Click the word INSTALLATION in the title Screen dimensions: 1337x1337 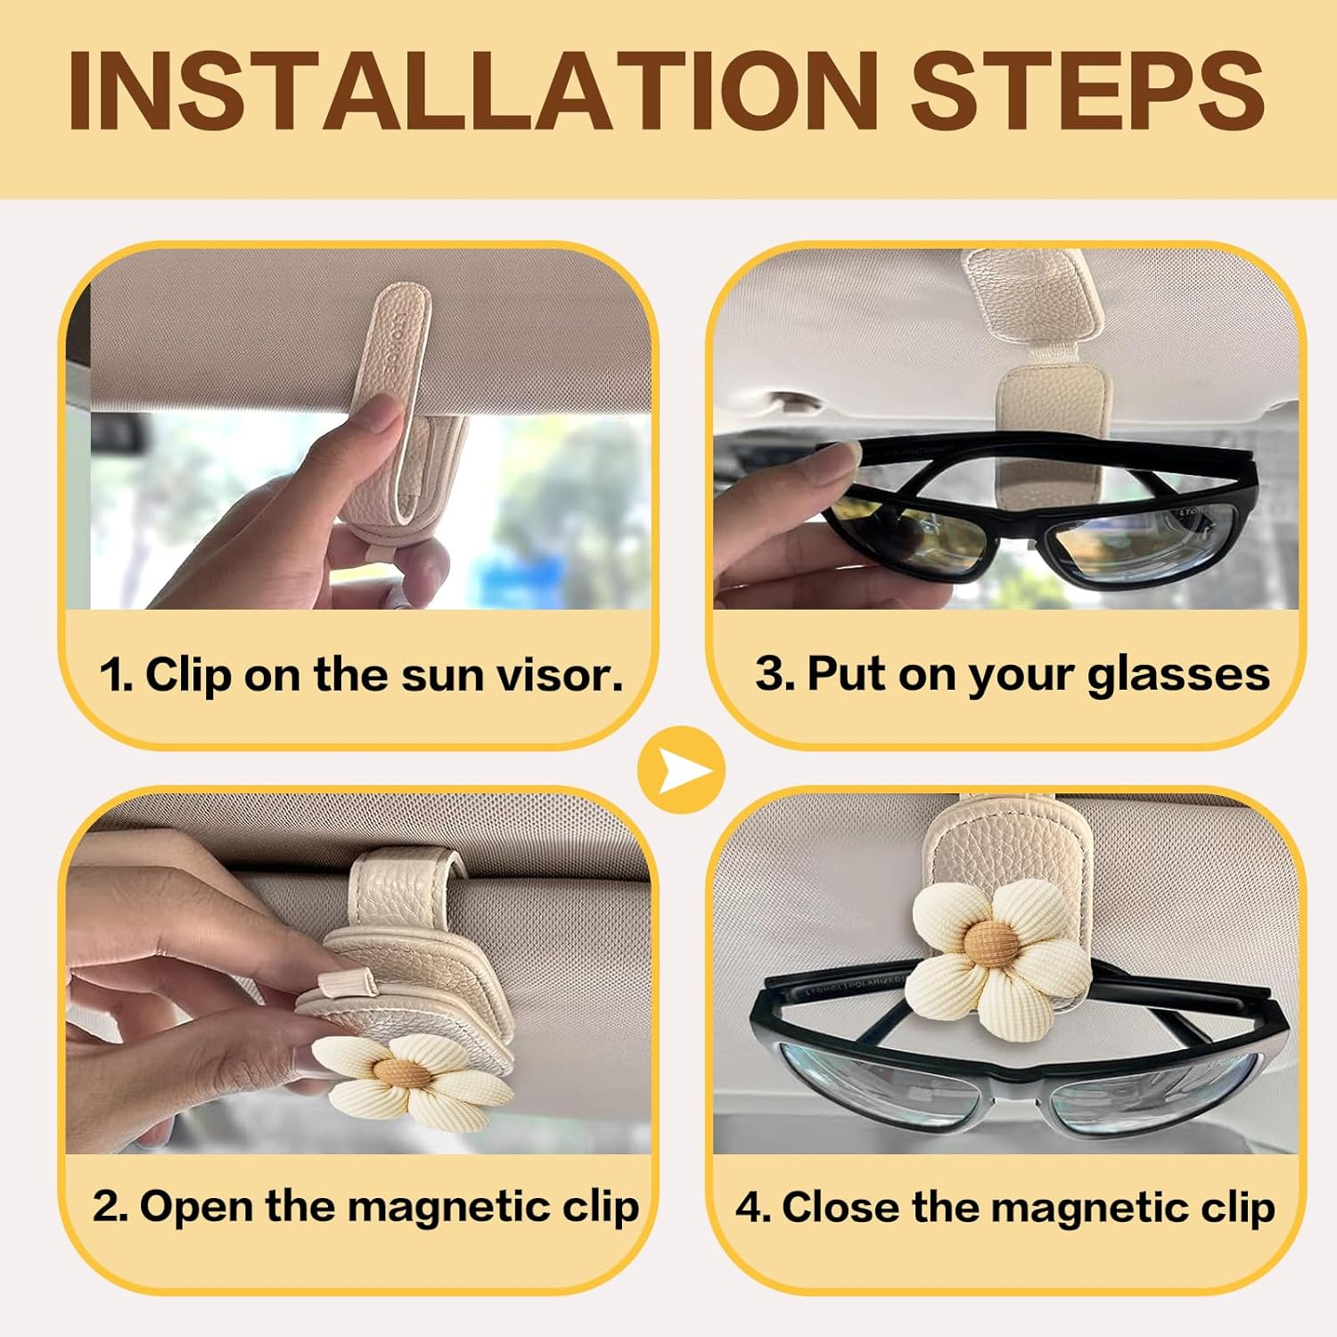(x=472, y=89)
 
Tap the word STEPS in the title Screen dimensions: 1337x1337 (x=1087, y=89)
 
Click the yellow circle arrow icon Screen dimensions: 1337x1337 (x=682, y=769)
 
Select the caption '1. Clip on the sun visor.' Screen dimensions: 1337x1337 (x=361, y=675)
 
